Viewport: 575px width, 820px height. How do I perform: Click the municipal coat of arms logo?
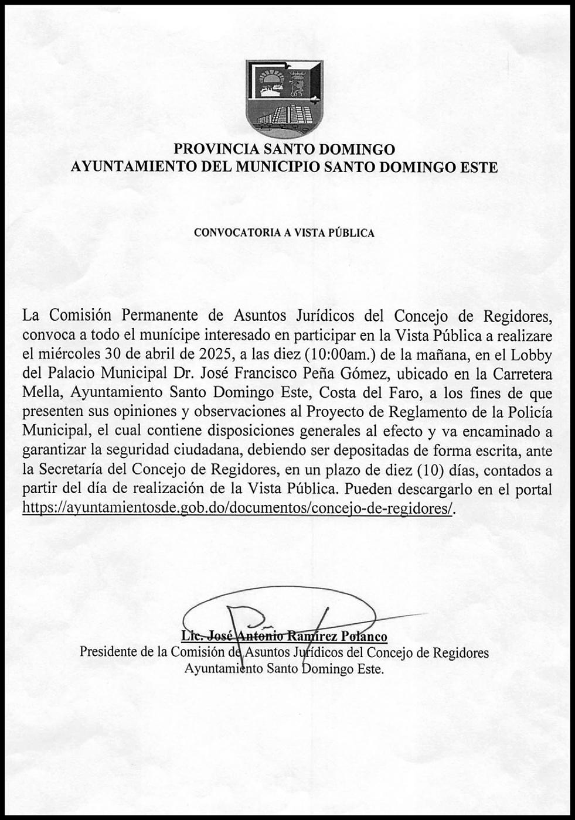284,98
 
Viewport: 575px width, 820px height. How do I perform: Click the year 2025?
213,354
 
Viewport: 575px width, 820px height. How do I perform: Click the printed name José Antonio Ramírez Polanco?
284,636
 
